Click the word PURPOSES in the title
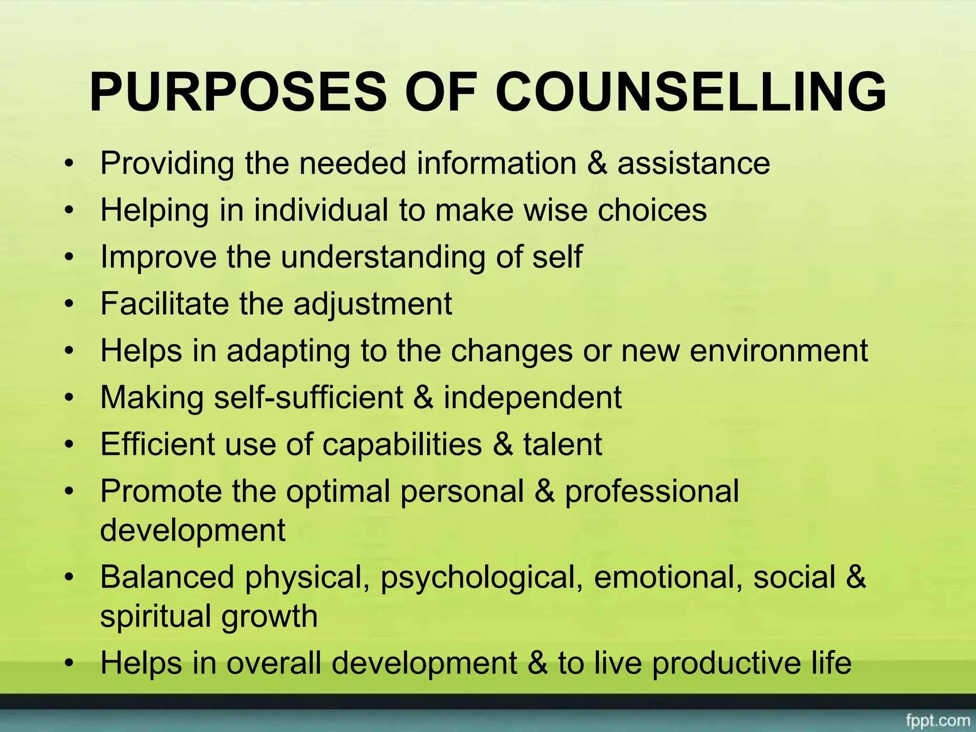click(x=238, y=91)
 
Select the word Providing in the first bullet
click(x=167, y=163)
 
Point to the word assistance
click(x=693, y=163)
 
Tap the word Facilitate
click(x=164, y=304)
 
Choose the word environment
click(x=779, y=351)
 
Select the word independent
click(x=532, y=397)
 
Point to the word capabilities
click(x=402, y=444)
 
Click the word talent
click(x=562, y=444)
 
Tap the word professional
click(x=651, y=491)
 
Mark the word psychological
click(x=481, y=577)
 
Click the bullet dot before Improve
click(x=70, y=258)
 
